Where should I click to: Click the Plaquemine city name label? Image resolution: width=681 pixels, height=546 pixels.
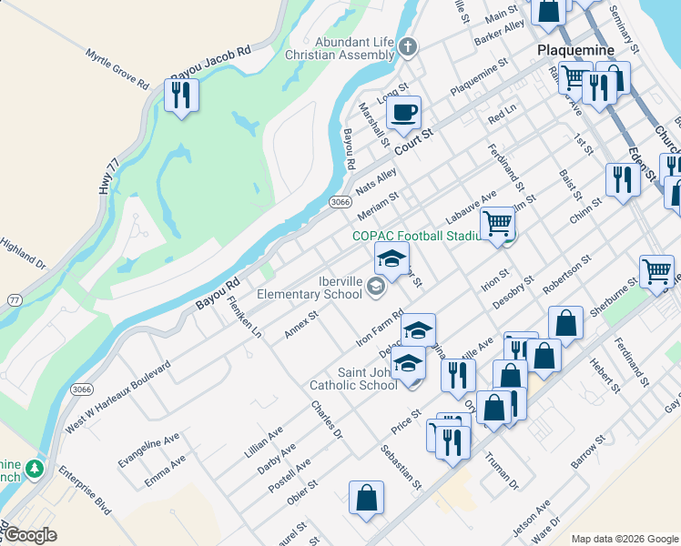click(x=575, y=50)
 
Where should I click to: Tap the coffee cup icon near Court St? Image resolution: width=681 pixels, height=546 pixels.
click(x=403, y=113)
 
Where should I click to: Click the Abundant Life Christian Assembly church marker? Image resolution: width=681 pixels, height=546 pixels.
click(x=408, y=46)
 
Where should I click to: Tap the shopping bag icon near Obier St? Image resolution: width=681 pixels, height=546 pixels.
click(x=366, y=497)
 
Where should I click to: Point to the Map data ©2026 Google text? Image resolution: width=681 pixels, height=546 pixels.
click(x=625, y=539)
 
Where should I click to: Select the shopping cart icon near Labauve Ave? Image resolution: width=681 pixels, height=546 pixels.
click(x=497, y=222)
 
